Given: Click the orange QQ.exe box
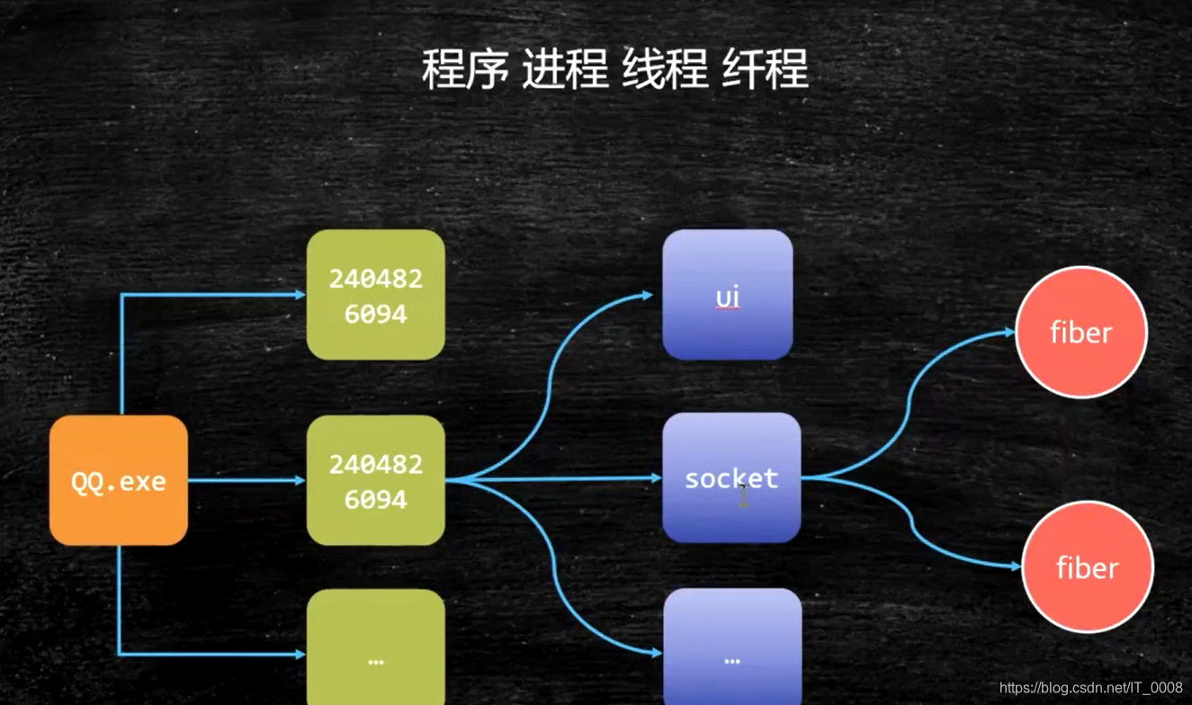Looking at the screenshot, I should click(118, 480).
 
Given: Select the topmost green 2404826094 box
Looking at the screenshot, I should click(375, 295).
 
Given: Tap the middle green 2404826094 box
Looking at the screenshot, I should click(375, 480).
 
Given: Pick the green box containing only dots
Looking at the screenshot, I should click(375, 647).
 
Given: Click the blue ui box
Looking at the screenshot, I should click(727, 295).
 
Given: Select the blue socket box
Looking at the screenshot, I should click(730, 477).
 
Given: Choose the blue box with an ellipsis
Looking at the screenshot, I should click(731, 647).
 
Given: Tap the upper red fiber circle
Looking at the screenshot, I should click(1080, 332).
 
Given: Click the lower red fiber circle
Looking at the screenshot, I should click(1087, 567).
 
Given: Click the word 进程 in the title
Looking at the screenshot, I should click(565, 69).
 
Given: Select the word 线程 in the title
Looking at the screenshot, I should click(665, 69).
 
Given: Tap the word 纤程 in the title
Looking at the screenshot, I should click(765, 69).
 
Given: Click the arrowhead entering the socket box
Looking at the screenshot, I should click(657, 478).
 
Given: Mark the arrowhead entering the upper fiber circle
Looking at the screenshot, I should click(1009, 332).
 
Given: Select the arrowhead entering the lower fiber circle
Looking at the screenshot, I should click(1016, 567).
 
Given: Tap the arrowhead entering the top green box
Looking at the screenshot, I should click(300, 295).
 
